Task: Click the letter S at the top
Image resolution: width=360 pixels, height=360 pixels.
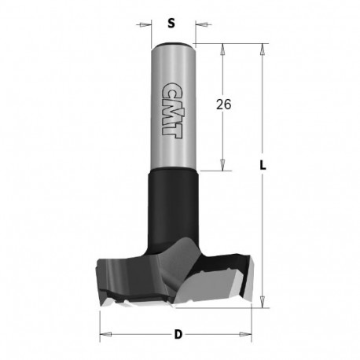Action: pyautogui.click(x=171, y=22)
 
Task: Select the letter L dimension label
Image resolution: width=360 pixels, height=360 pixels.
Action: pyautogui.click(x=266, y=166)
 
